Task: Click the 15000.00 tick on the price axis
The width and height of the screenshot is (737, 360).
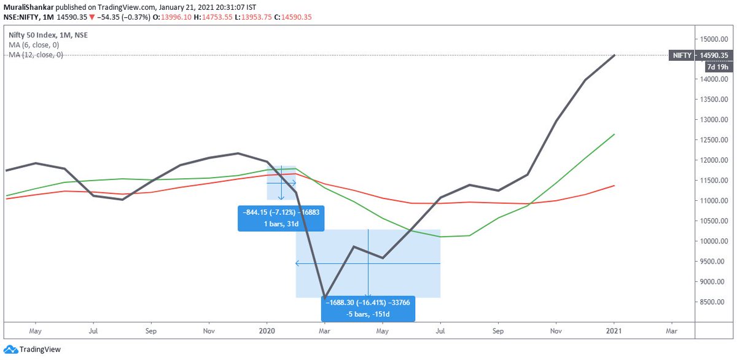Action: click(714, 39)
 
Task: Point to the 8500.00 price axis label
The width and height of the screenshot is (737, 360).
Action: click(714, 302)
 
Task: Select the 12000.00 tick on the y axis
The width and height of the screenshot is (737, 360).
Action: click(714, 160)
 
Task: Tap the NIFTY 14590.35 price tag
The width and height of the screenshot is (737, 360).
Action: click(700, 55)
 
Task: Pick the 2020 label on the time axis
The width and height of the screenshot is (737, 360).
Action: click(267, 330)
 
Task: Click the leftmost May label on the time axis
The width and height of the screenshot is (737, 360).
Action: click(35, 330)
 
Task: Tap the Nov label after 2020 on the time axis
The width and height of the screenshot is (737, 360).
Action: click(556, 330)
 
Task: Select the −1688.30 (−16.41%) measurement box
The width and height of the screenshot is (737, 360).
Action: click(368, 308)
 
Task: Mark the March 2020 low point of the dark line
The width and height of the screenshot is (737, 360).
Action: click(324, 299)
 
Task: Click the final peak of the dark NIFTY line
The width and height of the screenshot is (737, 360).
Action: click(614, 56)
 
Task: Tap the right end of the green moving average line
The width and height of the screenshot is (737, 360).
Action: click(614, 134)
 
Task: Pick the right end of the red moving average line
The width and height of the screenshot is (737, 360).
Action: click(614, 186)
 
